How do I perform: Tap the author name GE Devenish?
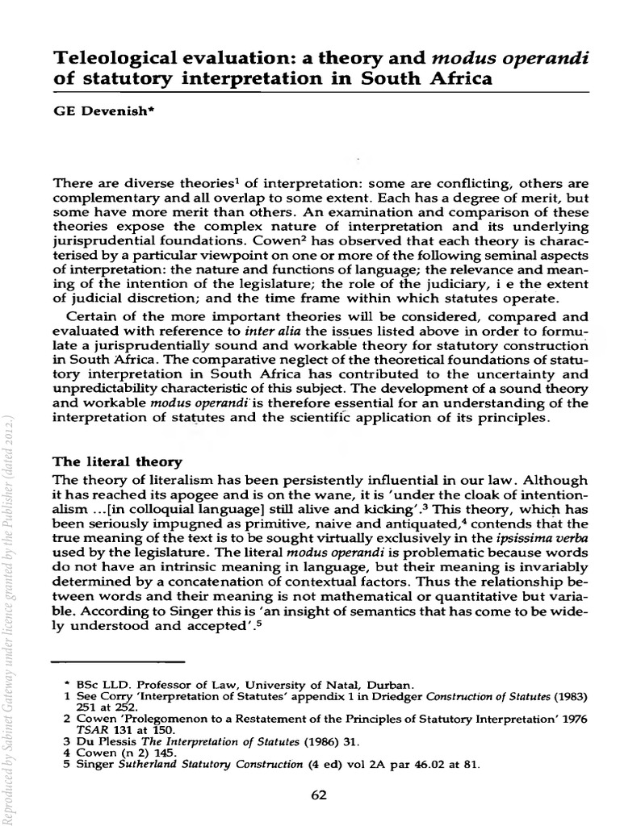pyautogui.click(x=92, y=115)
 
